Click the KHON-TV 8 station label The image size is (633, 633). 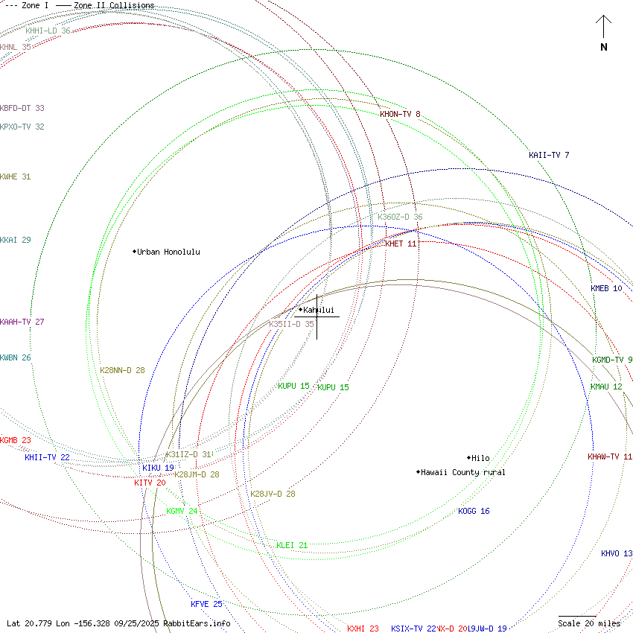(400, 114)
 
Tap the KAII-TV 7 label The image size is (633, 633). (549, 155)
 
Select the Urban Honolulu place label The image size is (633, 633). (168, 252)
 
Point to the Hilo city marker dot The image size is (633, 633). (468, 457)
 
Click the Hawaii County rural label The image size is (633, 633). (462, 472)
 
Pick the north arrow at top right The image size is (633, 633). (604, 33)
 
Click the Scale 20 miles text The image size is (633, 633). (589, 623)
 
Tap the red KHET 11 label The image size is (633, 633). (401, 244)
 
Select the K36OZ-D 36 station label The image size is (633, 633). (400, 217)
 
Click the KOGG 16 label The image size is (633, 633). (474, 511)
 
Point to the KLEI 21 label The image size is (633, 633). (292, 545)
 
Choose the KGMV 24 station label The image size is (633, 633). (182, 511)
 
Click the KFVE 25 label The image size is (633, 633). (206, 604)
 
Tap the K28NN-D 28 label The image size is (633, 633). (122, 370)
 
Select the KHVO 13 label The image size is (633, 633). (617, 553)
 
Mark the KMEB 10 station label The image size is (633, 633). (606, 288)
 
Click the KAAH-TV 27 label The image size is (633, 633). (22, 322)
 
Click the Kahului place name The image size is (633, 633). (319, 310)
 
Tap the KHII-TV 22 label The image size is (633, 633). (47, 457)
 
